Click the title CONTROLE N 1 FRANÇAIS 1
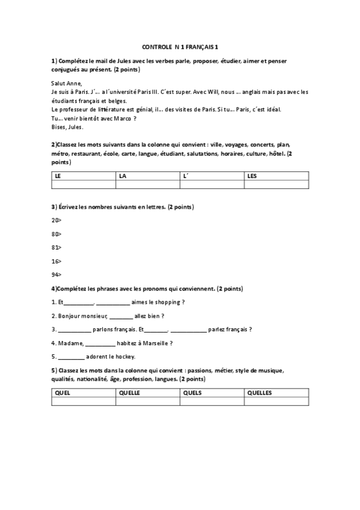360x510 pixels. pos(180,46)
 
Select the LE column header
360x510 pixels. pos(58,176)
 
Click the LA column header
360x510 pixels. pos(123,176)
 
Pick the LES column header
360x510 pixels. pos(252,176)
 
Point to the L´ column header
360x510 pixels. pos(186,176)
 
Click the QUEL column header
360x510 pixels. pos(63,393)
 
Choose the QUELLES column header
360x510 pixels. pos(260,393)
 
